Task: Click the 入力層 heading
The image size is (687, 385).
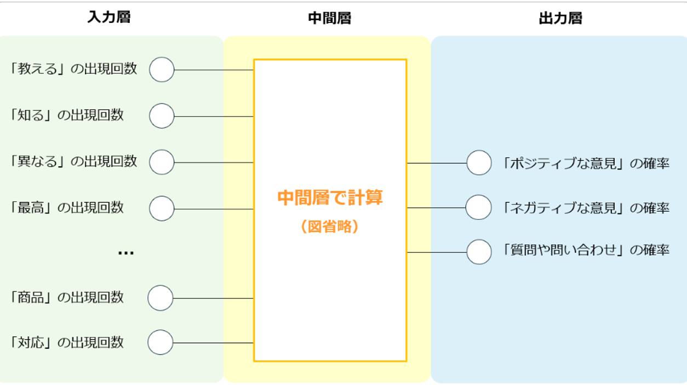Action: point(109,17)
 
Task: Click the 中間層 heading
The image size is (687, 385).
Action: point(330,18)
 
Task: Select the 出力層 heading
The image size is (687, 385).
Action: point(560,18)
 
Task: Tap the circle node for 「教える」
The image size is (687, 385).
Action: point(162,69)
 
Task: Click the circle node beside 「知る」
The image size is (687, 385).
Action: point(162,116)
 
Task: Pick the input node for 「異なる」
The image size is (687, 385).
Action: point(162,162)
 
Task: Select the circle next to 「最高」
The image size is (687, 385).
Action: point(162,208)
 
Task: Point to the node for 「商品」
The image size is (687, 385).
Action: point(161,298)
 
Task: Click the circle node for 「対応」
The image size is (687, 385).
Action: point(161,342)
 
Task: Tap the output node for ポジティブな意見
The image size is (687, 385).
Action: point(479,162)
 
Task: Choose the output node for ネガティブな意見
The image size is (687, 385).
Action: point(478,207)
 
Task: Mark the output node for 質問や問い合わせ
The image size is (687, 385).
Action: point(479,252)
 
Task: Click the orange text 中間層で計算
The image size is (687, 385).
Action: point(330,197)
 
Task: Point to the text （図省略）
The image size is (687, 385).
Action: point(330,227)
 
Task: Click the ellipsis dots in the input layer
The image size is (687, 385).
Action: point(126,253)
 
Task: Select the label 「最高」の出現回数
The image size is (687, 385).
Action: point(66,207)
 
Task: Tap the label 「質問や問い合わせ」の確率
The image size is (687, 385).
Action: point(586,250)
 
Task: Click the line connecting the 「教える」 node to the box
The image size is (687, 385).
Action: point(214,70)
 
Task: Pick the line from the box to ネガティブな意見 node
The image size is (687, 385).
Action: point(437,208)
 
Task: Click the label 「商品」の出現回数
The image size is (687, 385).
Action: point(66,297)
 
